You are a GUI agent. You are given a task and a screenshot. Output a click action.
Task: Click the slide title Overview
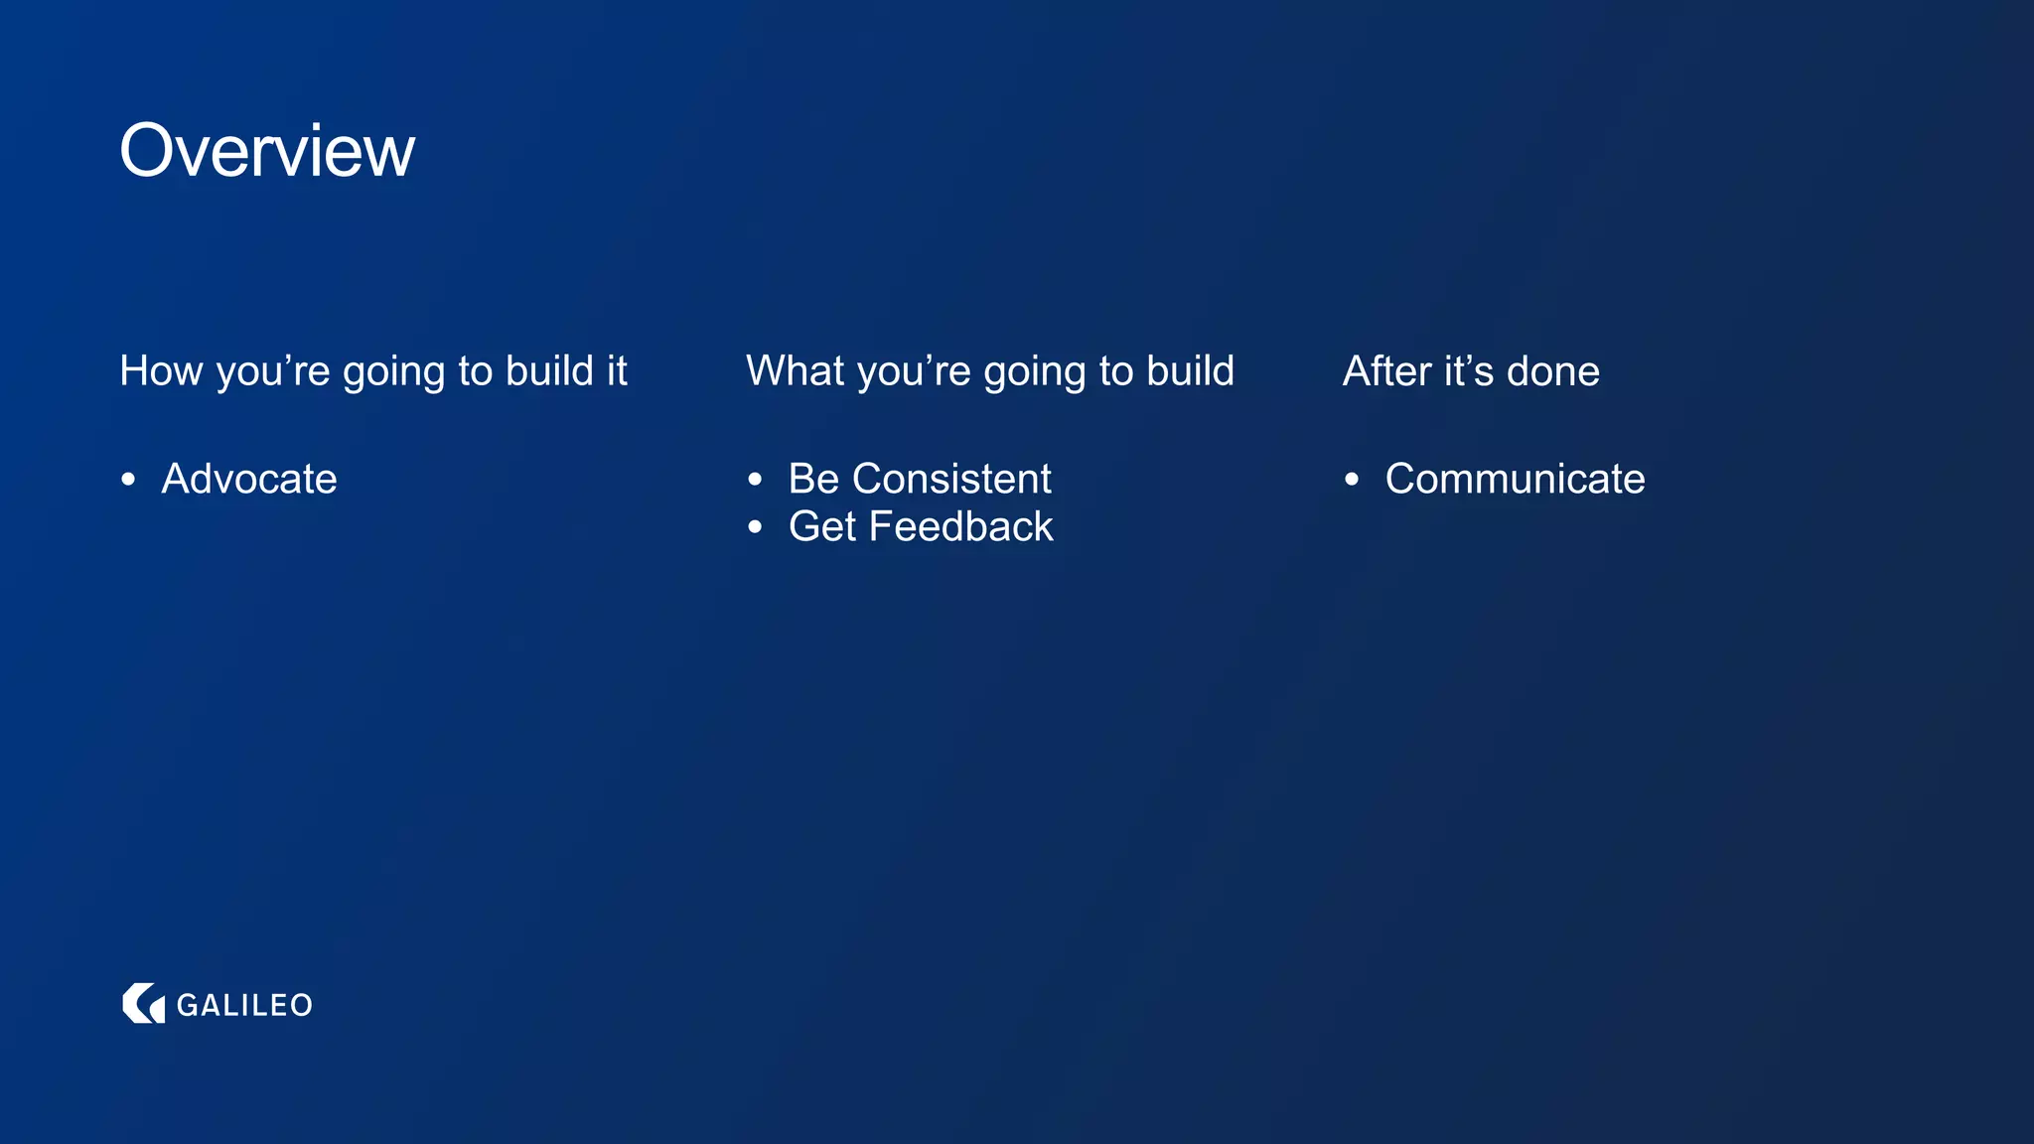click(267, 151)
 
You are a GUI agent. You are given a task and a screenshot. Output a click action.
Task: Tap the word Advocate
click(249, 479)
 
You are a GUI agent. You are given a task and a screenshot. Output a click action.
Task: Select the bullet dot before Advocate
click(128, 480)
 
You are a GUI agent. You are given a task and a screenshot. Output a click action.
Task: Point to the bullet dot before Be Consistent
click(756, 480)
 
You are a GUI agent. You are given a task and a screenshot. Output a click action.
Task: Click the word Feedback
click(960, 526)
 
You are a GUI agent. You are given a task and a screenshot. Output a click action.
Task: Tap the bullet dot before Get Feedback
click(756, 527)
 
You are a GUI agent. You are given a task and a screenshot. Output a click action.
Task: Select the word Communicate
click(1515, 479)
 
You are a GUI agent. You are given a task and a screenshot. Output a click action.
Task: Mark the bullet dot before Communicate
click(1352, 480)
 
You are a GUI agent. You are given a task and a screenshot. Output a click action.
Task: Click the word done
click(1553, 371)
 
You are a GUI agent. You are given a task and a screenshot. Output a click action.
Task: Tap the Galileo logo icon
click(143, 1003)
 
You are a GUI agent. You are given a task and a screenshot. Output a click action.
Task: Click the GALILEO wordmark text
click(244, 1005)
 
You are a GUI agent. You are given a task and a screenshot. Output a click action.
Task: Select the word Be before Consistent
click(813, 479)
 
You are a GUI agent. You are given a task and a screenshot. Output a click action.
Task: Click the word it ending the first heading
click(617, 371)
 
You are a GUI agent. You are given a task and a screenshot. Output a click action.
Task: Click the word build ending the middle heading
click(1190, 371)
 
